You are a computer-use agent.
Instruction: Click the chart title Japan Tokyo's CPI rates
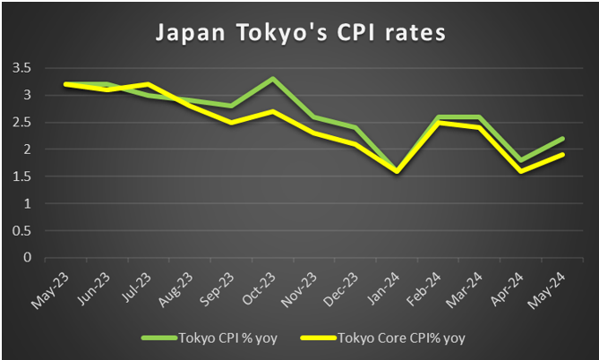point(300,33)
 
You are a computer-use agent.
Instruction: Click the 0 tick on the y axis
point(27,258)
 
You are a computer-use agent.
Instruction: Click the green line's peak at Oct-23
point(271,79)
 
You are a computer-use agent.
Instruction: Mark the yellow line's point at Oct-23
point(271,111)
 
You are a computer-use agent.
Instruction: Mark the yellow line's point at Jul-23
point(148,84)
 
